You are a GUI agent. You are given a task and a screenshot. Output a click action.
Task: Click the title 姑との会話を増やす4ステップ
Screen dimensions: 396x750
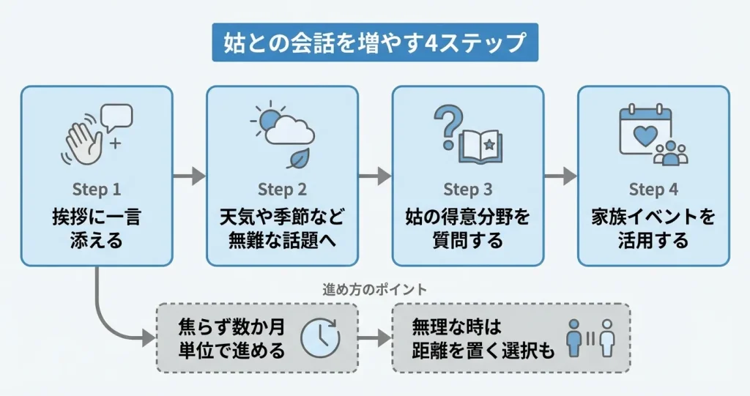(x=374, y=42)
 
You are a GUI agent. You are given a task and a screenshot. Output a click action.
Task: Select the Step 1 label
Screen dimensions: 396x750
(x=97, y=190)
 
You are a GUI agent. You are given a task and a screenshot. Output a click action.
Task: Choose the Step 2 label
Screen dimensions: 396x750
(x=282, y=190)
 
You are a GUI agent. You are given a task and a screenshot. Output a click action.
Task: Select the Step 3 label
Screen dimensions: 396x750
(x=468, y=190)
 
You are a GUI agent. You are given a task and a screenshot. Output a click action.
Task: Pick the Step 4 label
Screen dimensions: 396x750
(x=654, y=190)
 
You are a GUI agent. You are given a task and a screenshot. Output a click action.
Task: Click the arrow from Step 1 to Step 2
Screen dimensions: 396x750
(x=189, y=176)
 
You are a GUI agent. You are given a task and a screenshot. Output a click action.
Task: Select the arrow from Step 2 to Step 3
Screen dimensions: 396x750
(x=375, y=176)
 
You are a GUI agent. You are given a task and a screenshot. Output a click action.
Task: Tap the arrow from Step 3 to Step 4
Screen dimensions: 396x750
(x=561, y=176)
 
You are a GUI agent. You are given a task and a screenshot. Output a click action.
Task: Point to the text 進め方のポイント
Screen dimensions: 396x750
(x=375, y=289)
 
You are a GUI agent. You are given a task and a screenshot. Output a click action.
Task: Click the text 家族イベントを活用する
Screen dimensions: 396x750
(x=654, y=228)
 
